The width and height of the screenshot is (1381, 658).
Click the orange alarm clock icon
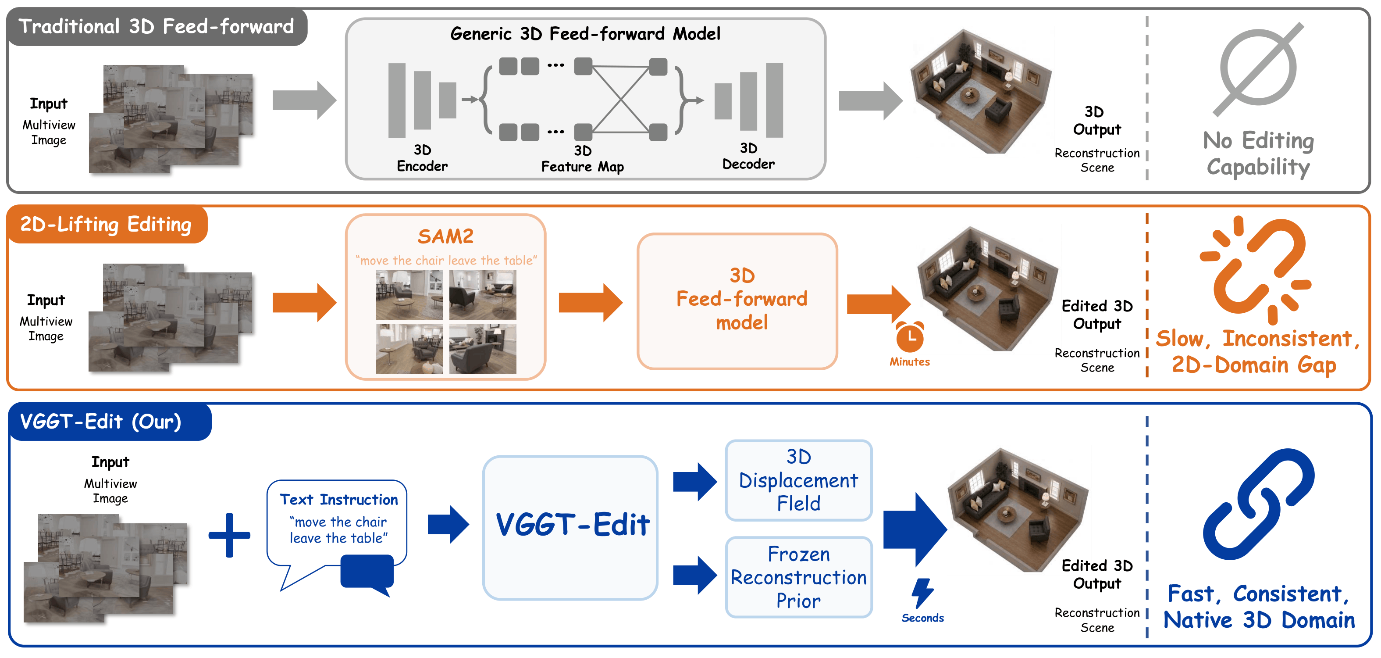910,337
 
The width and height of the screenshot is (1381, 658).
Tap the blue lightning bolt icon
922,593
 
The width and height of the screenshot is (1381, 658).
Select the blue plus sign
229,535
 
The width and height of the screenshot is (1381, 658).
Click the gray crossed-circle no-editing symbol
1258,68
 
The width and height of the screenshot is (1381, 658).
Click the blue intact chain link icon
1258,504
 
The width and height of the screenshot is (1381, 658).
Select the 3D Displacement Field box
798,480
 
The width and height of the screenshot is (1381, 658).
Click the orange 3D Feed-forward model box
737,301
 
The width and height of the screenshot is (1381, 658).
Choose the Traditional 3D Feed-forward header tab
157,26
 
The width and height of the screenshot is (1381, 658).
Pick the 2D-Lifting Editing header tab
106,224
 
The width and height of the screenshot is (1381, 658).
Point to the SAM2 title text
445,236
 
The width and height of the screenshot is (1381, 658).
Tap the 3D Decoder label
748,156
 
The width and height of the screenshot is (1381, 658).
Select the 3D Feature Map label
582,159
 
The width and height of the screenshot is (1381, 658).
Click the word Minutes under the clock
910,361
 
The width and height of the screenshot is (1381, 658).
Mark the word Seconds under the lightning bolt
922,618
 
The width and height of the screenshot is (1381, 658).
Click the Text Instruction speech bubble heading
339,500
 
